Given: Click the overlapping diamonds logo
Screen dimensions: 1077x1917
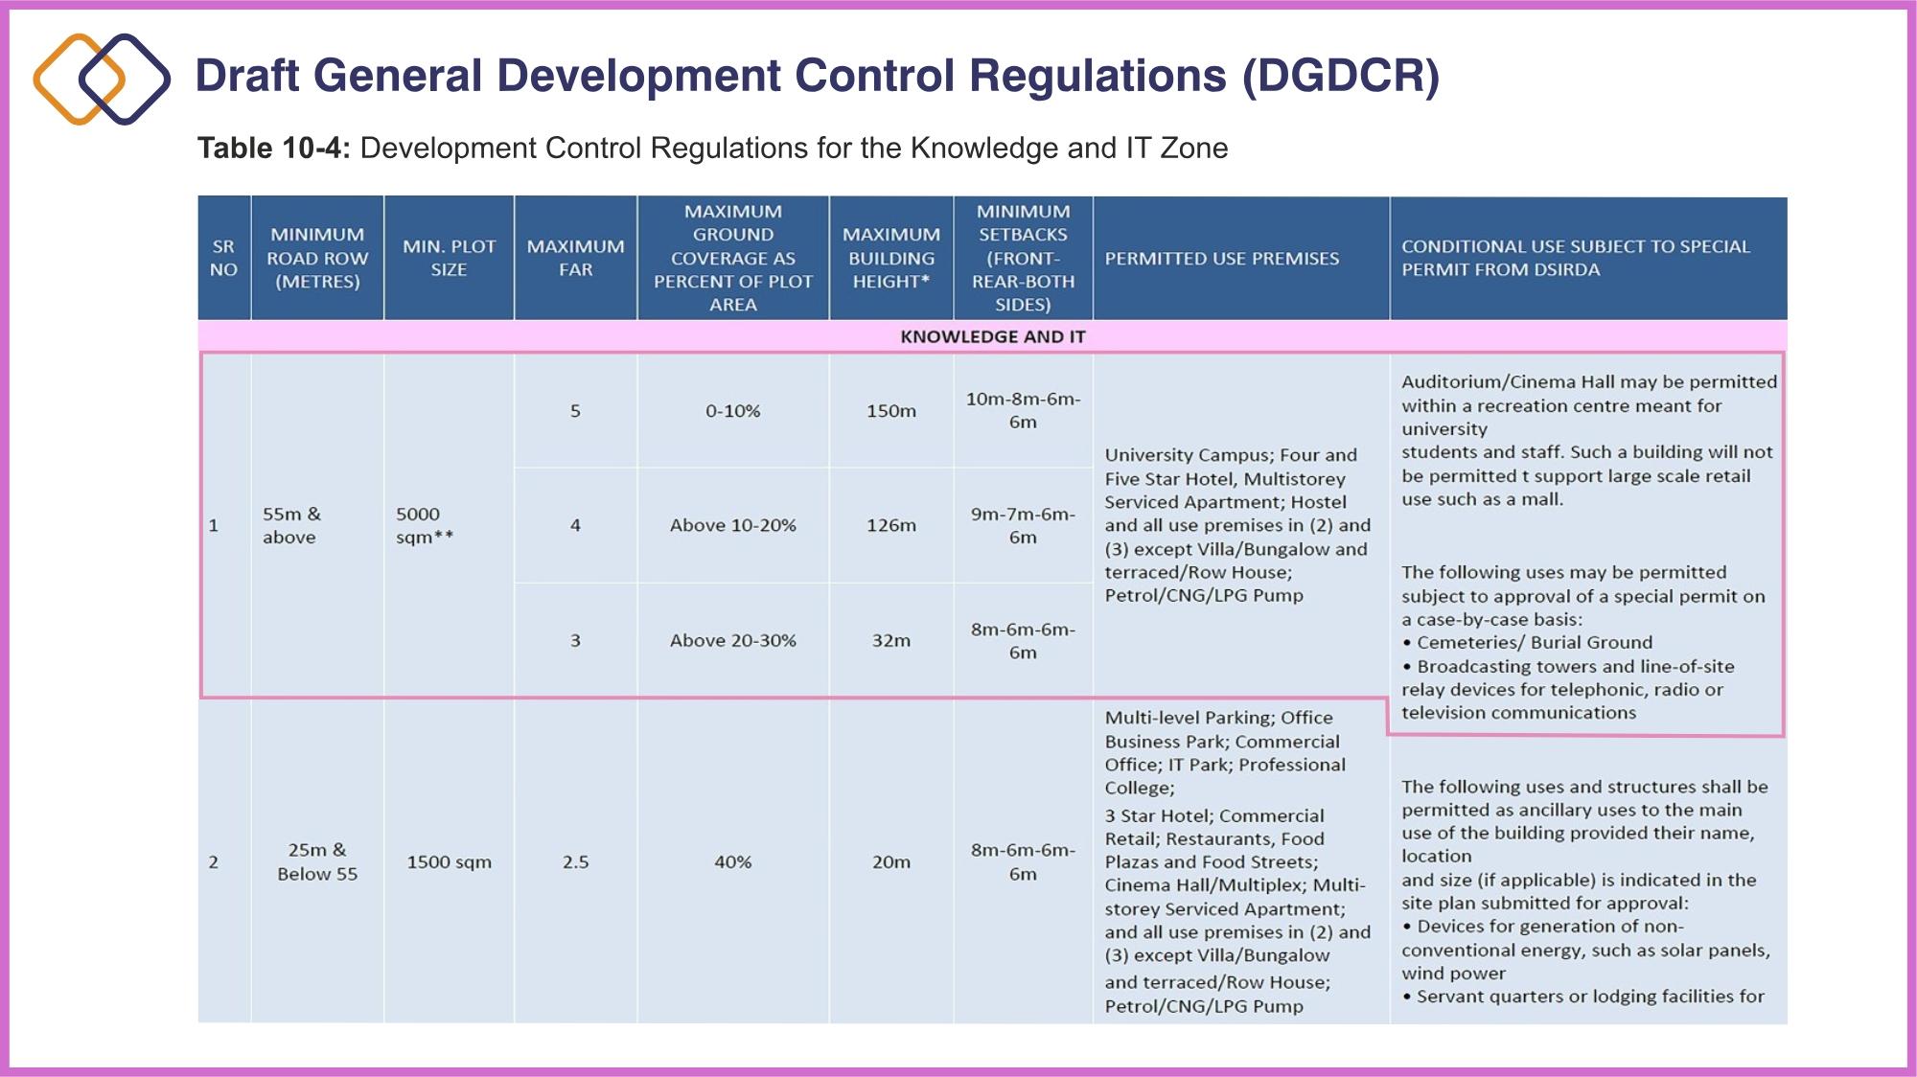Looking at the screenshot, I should click(102, 79).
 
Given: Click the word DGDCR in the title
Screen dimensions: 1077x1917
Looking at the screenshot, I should click(1341, 76).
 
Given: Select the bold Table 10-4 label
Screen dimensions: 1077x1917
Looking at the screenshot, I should click(274, 149).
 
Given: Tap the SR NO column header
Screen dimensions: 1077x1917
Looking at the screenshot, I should click(223, 258).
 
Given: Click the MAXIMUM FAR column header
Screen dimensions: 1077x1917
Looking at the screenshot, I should click(575, 258).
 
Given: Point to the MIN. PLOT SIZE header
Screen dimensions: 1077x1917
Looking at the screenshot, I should click(449, 258).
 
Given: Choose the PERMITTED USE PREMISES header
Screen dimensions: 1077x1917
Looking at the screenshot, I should click(1221, 259).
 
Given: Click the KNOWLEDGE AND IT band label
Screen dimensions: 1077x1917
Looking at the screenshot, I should click(992, 336).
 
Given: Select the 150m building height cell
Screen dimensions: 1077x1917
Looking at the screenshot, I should click(890, 411).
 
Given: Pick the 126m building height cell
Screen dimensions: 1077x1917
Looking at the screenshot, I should click(890, 525).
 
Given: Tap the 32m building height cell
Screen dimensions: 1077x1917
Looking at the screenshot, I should click(890, 640).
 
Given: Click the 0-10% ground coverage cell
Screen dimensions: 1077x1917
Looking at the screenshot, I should click(732, 411).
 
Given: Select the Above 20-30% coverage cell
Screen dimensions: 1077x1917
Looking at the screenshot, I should click(732, 640).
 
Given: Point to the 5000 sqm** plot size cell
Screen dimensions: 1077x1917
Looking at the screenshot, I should click(425, 525).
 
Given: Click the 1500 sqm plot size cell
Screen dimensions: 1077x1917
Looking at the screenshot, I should click(449, 861).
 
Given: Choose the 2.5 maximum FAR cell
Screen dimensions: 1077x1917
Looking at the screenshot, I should click(575, 861).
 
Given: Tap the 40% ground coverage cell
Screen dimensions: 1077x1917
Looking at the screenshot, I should click(732, 861).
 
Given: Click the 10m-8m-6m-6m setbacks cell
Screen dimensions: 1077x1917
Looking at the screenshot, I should click(1023, 411).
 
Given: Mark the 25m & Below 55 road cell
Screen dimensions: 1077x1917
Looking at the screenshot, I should click(317, 861).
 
